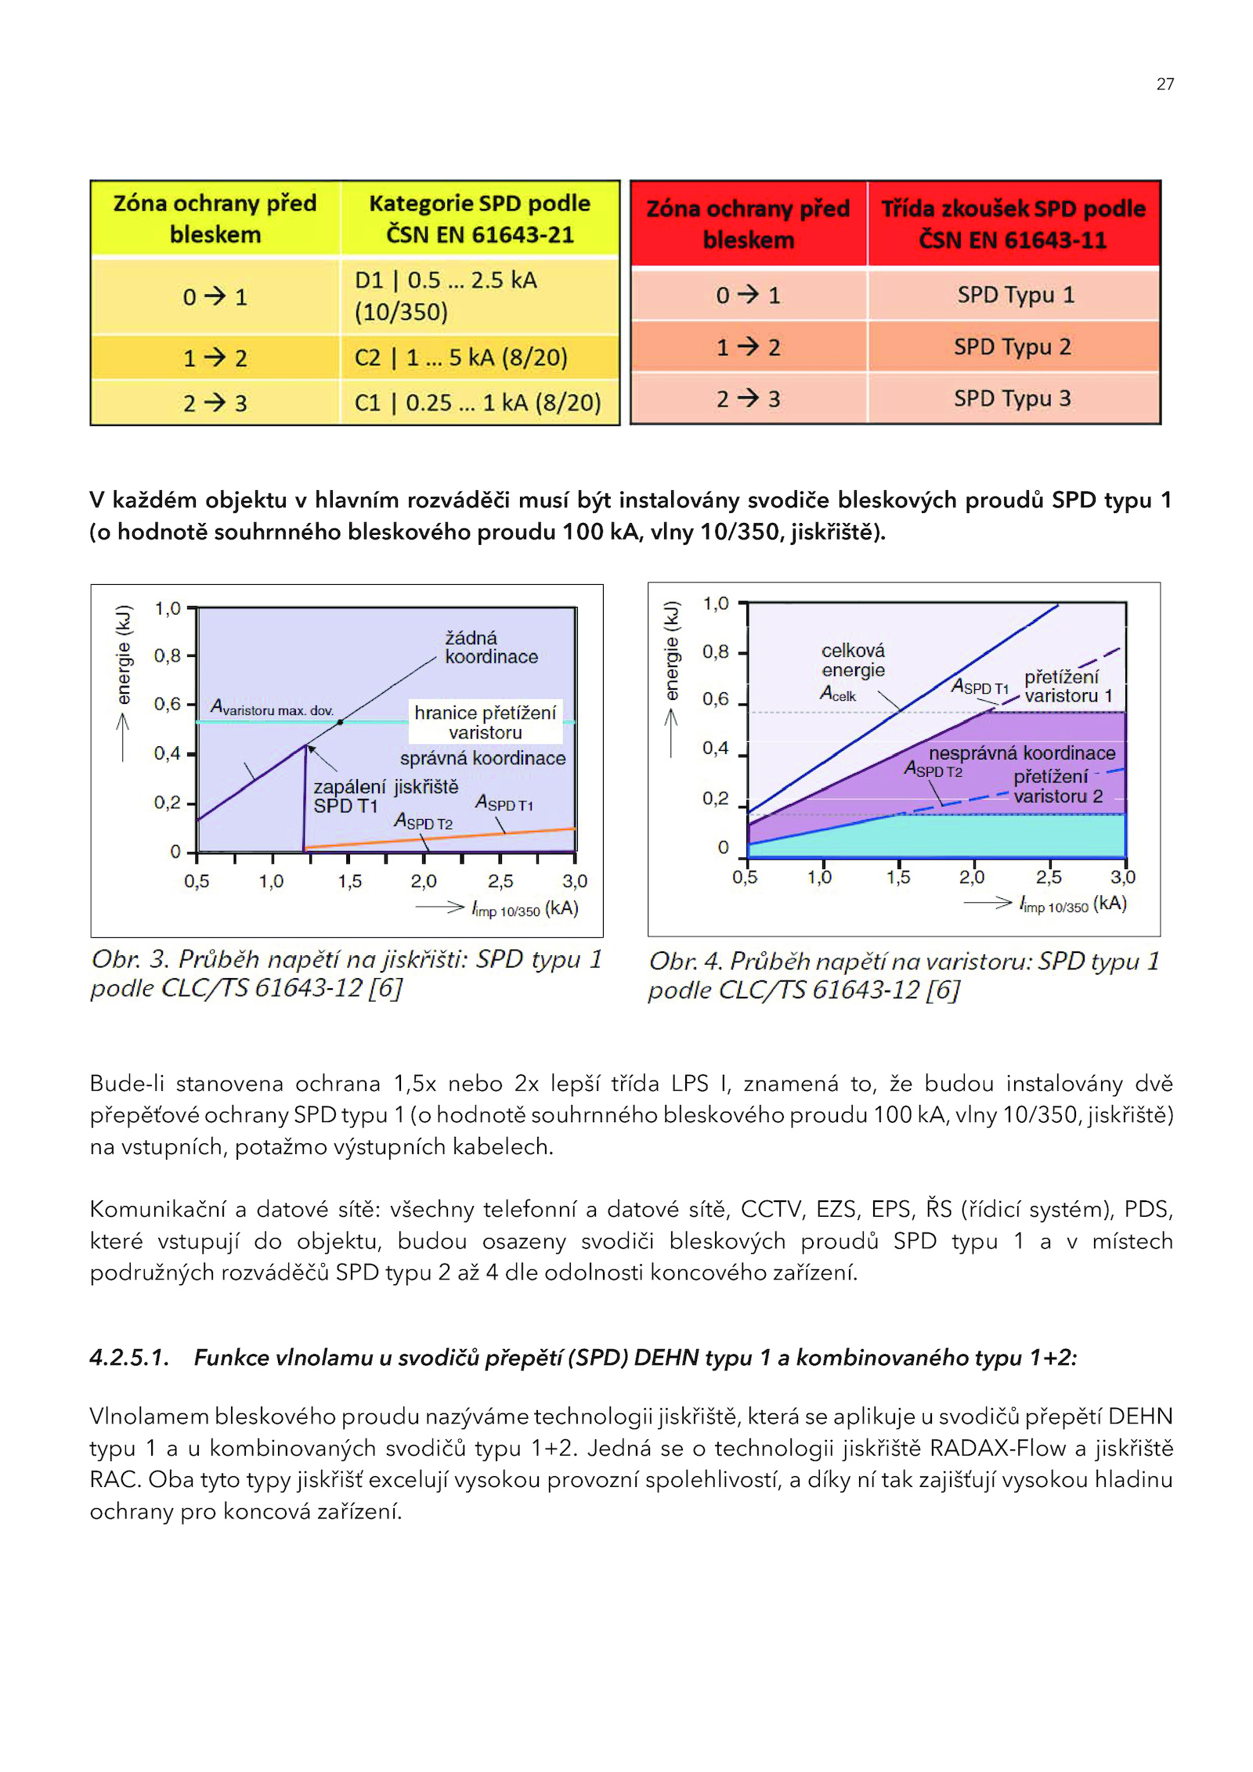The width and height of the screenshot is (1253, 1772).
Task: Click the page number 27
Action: coord(1165,85)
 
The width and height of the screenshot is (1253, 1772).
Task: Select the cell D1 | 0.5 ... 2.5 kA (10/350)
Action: coord(479,296)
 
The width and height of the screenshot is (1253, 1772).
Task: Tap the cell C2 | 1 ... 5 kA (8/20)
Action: coord(479,358)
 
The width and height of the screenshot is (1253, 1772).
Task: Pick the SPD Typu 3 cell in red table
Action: coord(1013,399)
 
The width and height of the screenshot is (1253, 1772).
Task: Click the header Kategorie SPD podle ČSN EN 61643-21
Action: coord(479,218)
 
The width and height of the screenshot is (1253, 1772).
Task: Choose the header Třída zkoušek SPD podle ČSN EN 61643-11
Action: coord(1013,224)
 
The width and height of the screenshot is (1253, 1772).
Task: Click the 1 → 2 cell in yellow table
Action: coord(215,358)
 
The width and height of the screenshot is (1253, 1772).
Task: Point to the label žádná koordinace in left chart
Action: coord(491,648)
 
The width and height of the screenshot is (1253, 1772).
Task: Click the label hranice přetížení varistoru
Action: coord(486,722)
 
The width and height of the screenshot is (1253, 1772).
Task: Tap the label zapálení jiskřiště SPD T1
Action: coord(385,796)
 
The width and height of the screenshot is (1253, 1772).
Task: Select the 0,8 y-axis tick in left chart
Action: coord(167,655)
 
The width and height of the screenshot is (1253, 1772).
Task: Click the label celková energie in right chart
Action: coord(853,660)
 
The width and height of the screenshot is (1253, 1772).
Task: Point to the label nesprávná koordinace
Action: coord(1022,752)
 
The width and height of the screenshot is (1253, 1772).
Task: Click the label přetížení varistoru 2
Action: coord(1058,786)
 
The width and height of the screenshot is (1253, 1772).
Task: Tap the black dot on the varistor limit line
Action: coord(340,722)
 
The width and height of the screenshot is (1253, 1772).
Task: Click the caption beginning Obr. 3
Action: coord(346,973)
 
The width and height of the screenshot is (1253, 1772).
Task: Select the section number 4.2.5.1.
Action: coord(129,1357)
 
